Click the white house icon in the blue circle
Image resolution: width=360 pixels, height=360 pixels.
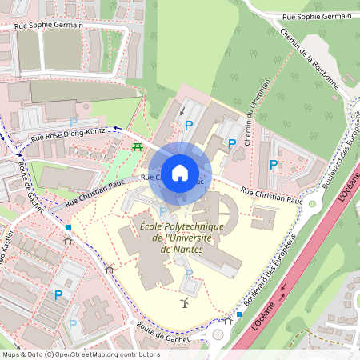(180, 173)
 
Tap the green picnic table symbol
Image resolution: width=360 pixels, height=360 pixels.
(137, 147)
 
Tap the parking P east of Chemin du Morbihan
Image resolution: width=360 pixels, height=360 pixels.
(274, 164)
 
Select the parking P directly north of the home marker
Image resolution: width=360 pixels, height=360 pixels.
(189, 125)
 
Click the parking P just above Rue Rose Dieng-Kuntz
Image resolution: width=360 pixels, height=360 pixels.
(73, 122)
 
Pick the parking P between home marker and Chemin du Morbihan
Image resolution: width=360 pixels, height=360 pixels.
(232, 144)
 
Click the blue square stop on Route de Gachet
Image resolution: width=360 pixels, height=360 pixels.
(70, 226)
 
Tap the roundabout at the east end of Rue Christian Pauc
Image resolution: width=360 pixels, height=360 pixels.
(314, 202)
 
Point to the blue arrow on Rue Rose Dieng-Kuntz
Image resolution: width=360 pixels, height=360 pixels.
(115, 127)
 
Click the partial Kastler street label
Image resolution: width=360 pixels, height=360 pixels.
(6, 256)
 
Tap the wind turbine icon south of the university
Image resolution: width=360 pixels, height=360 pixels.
(186, 302)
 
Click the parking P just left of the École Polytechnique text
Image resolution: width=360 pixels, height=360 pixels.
(163, 211)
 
